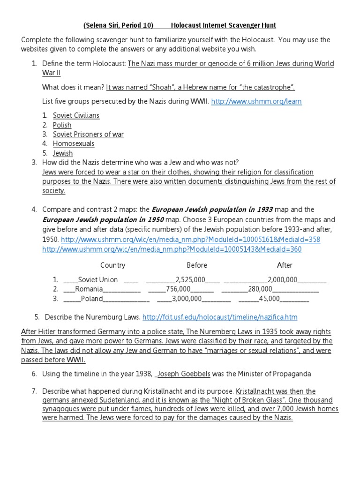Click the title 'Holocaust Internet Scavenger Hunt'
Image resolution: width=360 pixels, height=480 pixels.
[223, 25]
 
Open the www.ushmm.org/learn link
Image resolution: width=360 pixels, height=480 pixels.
[256, 101]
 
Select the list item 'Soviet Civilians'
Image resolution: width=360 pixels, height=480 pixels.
[76, 115]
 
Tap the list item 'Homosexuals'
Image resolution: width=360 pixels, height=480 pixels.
[74, 143]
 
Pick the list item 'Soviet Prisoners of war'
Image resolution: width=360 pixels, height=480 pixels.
[88, 134]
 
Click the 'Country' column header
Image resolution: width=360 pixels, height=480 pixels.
[112, 265]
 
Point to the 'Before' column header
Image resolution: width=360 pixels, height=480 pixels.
[197, 265]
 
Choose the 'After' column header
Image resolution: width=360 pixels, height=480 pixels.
[285, 265]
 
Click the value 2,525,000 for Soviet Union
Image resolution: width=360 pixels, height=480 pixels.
[190, 280]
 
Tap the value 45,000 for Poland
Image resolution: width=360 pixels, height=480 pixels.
[269, 299]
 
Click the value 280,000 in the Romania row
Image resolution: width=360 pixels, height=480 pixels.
[260, 289]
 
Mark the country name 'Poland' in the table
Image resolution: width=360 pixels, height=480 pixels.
[91, 299]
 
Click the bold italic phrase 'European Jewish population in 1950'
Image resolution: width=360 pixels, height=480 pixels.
[103, 220]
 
